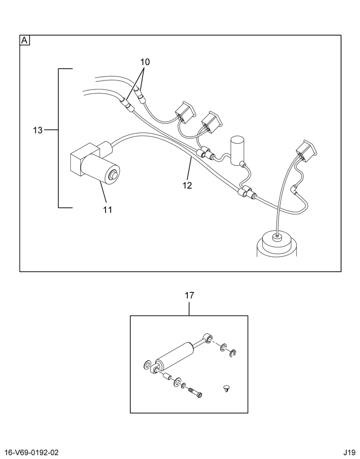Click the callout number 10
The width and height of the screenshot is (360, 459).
coord(145,62)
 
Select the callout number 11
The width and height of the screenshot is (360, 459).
coord(107,210)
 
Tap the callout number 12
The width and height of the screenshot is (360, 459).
coord(187,185)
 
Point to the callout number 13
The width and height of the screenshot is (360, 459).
coord(38,130)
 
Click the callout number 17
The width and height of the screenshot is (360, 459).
coord(189,296)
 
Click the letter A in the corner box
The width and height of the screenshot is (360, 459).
coord(25,40)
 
